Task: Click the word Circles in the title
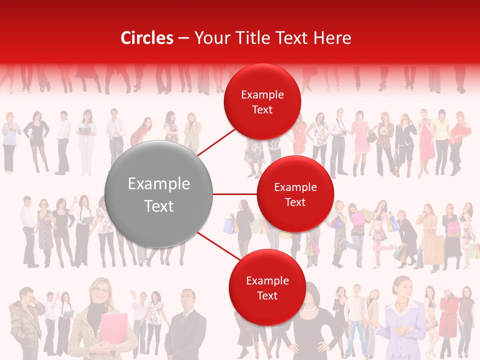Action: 147,38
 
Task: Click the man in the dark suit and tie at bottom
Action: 186,325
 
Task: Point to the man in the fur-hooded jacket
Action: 26,320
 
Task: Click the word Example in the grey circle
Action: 159,184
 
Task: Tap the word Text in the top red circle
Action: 262,109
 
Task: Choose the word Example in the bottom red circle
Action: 267,281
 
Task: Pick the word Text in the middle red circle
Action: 295,202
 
